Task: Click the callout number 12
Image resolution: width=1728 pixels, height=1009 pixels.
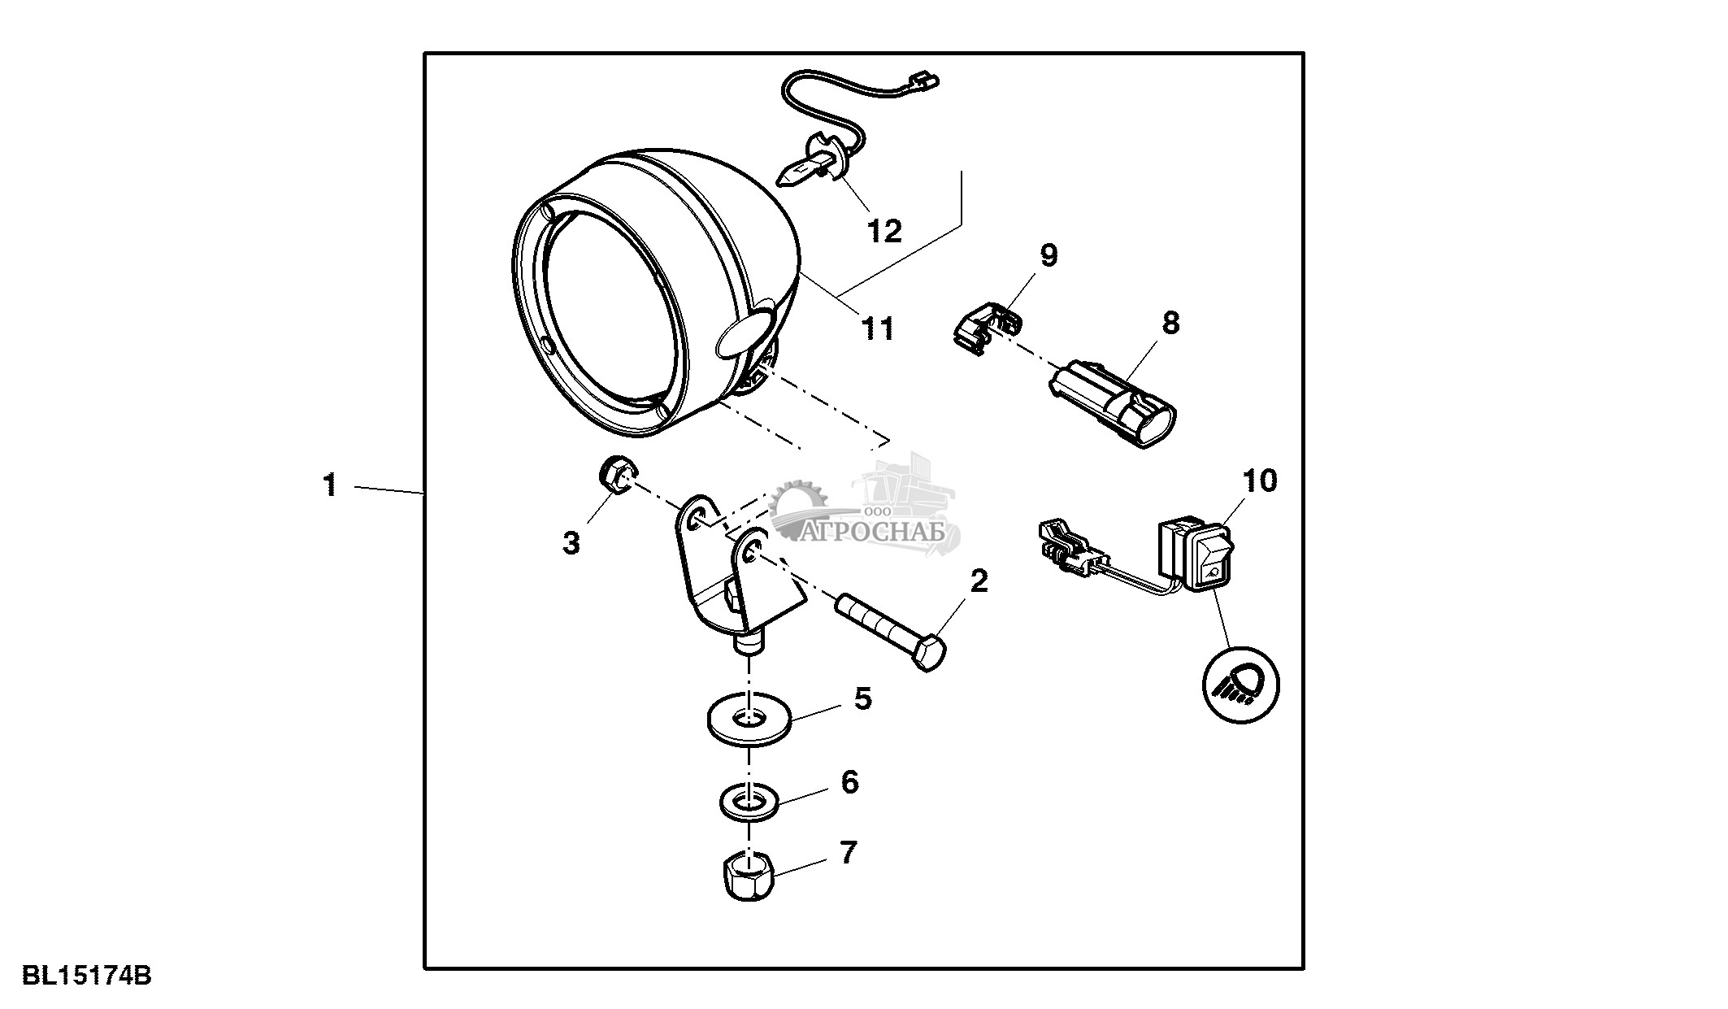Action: click(x=884, y=232)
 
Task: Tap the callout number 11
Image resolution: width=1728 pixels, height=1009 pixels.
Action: click(x=877, y=329)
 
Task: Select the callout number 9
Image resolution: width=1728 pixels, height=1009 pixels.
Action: click(x=1049, y=255)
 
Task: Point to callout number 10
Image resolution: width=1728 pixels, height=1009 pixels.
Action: click(x=1260, y=481)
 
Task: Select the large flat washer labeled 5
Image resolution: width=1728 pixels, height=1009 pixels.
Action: click(x=747, y=719)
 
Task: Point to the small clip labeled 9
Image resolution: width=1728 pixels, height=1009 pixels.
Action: click(x=986, y=327)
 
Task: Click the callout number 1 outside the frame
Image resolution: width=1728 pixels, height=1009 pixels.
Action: click(x=329, y=486)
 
